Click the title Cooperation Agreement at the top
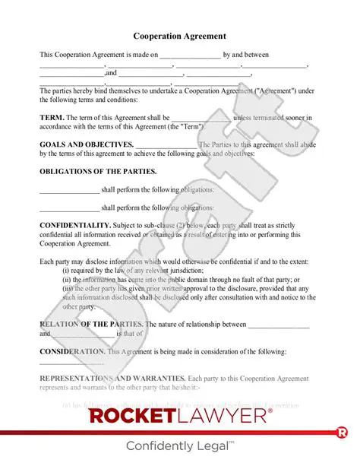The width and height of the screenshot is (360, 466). click(x=179, y=36)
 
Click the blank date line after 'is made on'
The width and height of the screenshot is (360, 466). click(x=190, y=55)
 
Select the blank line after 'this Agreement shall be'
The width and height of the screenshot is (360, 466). click(x=201, y=119)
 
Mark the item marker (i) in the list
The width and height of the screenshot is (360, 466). click(x=67, y=270)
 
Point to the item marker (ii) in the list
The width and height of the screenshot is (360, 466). click(x=68, y=279)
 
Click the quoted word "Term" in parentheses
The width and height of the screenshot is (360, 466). click(x=191, y=126)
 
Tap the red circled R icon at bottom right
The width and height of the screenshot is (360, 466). click(x=341, y=433)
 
